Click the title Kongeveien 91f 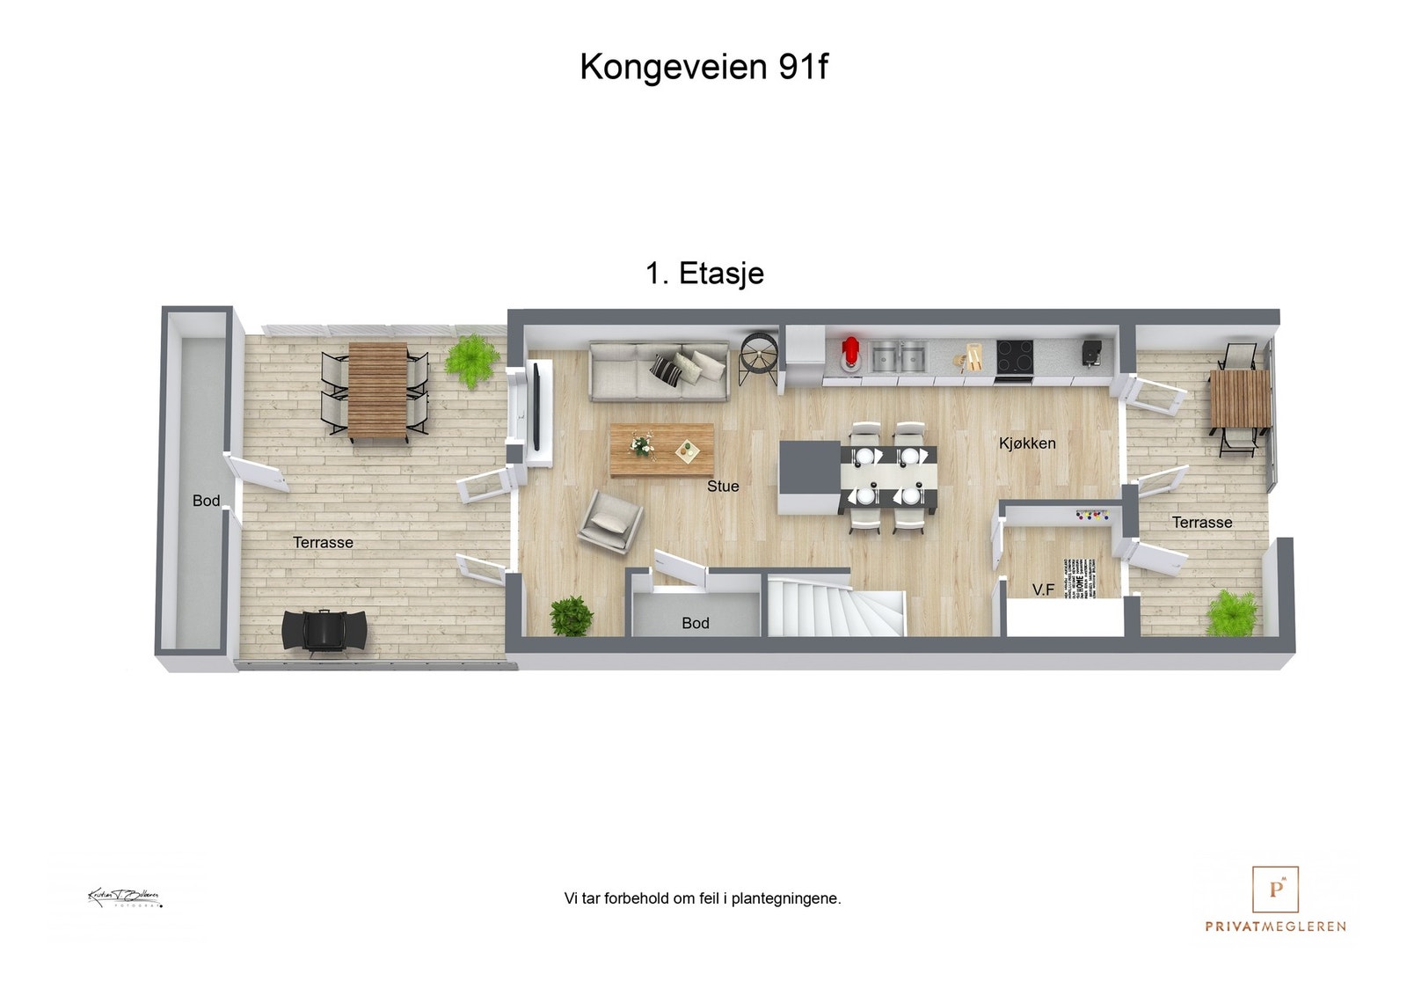pos(703,67)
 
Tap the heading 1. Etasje pos(704,274)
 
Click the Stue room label pos(723,486)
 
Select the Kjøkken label pos(1027,443)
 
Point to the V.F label pos(1043,590)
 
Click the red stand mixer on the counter pos(849,355)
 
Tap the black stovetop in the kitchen pos(1014,358)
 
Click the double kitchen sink pos(899,356)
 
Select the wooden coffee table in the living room pos(661,450)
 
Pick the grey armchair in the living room pos(609,522)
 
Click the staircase pos(835,606)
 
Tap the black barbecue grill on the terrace pos(324,630)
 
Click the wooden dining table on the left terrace pos(377,391)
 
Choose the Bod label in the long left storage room pos(206,501)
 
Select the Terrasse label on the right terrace pos(1201,523)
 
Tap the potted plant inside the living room pos(572,615)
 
